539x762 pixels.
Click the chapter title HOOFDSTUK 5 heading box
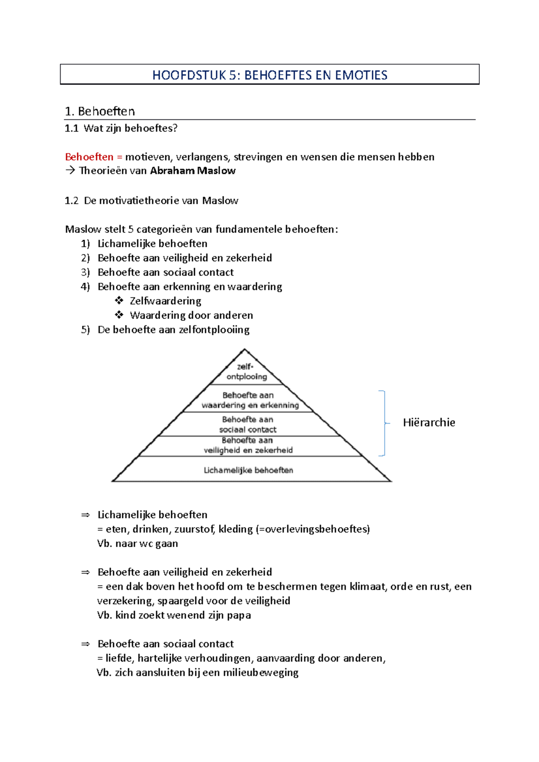pos(269,74)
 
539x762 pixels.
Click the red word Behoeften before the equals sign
pos(89,157)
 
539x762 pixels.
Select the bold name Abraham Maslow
pos(193,171)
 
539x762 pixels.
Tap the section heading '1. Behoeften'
pos(100,111)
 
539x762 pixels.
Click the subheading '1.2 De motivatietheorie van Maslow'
pos(151,201)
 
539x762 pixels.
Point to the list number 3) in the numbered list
pos(85,272)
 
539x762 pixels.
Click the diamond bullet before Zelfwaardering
pos(119,301)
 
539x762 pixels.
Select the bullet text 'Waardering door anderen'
pos(191,315)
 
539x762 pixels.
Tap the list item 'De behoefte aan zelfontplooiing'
pos(173,330)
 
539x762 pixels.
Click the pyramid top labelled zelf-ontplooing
pos(246,372)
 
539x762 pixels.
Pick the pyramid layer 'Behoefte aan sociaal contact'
pos(247,425)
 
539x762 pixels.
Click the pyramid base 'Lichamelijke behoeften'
pos(248,470)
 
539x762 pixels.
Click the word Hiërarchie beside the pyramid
pos(429,423)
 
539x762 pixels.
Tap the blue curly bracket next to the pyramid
pos(383,423)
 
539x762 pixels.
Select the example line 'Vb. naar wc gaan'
pos(137,543)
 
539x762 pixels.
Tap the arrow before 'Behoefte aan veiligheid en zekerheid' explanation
pos(85,572)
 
